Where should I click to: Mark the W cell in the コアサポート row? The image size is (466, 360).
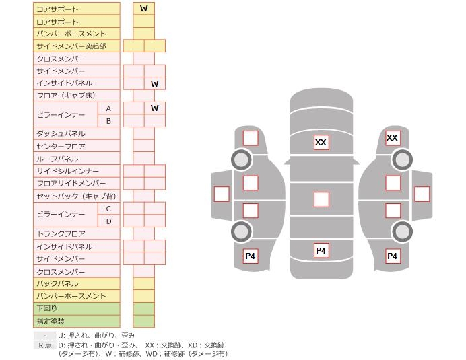[143, 9]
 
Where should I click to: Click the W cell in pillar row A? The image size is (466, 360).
[155, 108]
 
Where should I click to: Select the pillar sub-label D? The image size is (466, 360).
[108, 221]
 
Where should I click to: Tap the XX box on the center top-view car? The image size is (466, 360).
[321, 142]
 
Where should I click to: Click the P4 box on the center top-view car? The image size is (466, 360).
[321, 251]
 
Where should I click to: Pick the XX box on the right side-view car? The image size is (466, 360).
[392, 138]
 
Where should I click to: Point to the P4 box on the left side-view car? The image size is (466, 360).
[250, 256]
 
